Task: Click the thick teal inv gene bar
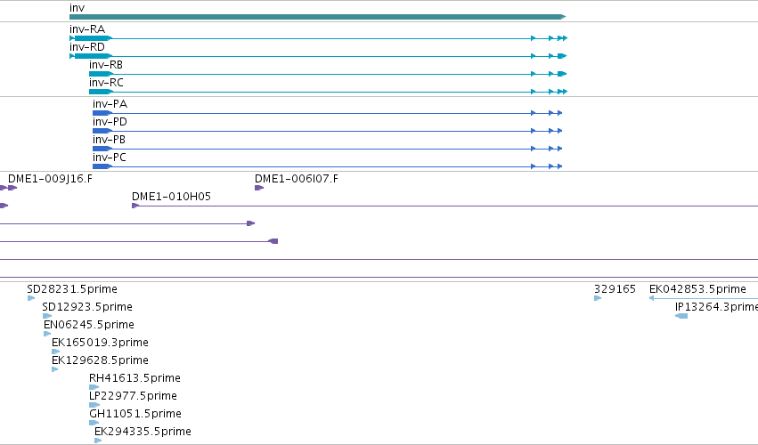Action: (x=317, y=17)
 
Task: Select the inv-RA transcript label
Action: (x=87, y=29)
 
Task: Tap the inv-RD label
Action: (x=87, y=47)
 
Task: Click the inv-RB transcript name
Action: (x=106, y=65)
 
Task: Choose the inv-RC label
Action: (x=106, y=83)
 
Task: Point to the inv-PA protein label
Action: (x=110, y=104)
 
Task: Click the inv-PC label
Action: (x=110, y=157)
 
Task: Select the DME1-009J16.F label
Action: (x=50, y=179)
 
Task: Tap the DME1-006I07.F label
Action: (x=297, y=179)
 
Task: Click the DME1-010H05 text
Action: (x=171, y=197)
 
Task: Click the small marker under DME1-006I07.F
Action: (x=259, y=188)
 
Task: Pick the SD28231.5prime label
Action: (x=72, y=289)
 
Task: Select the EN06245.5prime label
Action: (x=89, y=325)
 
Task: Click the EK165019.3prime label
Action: (x=100, y=343)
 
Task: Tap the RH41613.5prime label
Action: (x=134, y=378)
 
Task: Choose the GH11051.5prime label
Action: (x=135, y=414)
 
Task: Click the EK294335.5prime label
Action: (x=143, y=432)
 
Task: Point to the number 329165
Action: (x=615, y=289)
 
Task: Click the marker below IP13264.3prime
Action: (x=681, y=316)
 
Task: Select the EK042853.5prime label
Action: (x=697, y=289)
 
